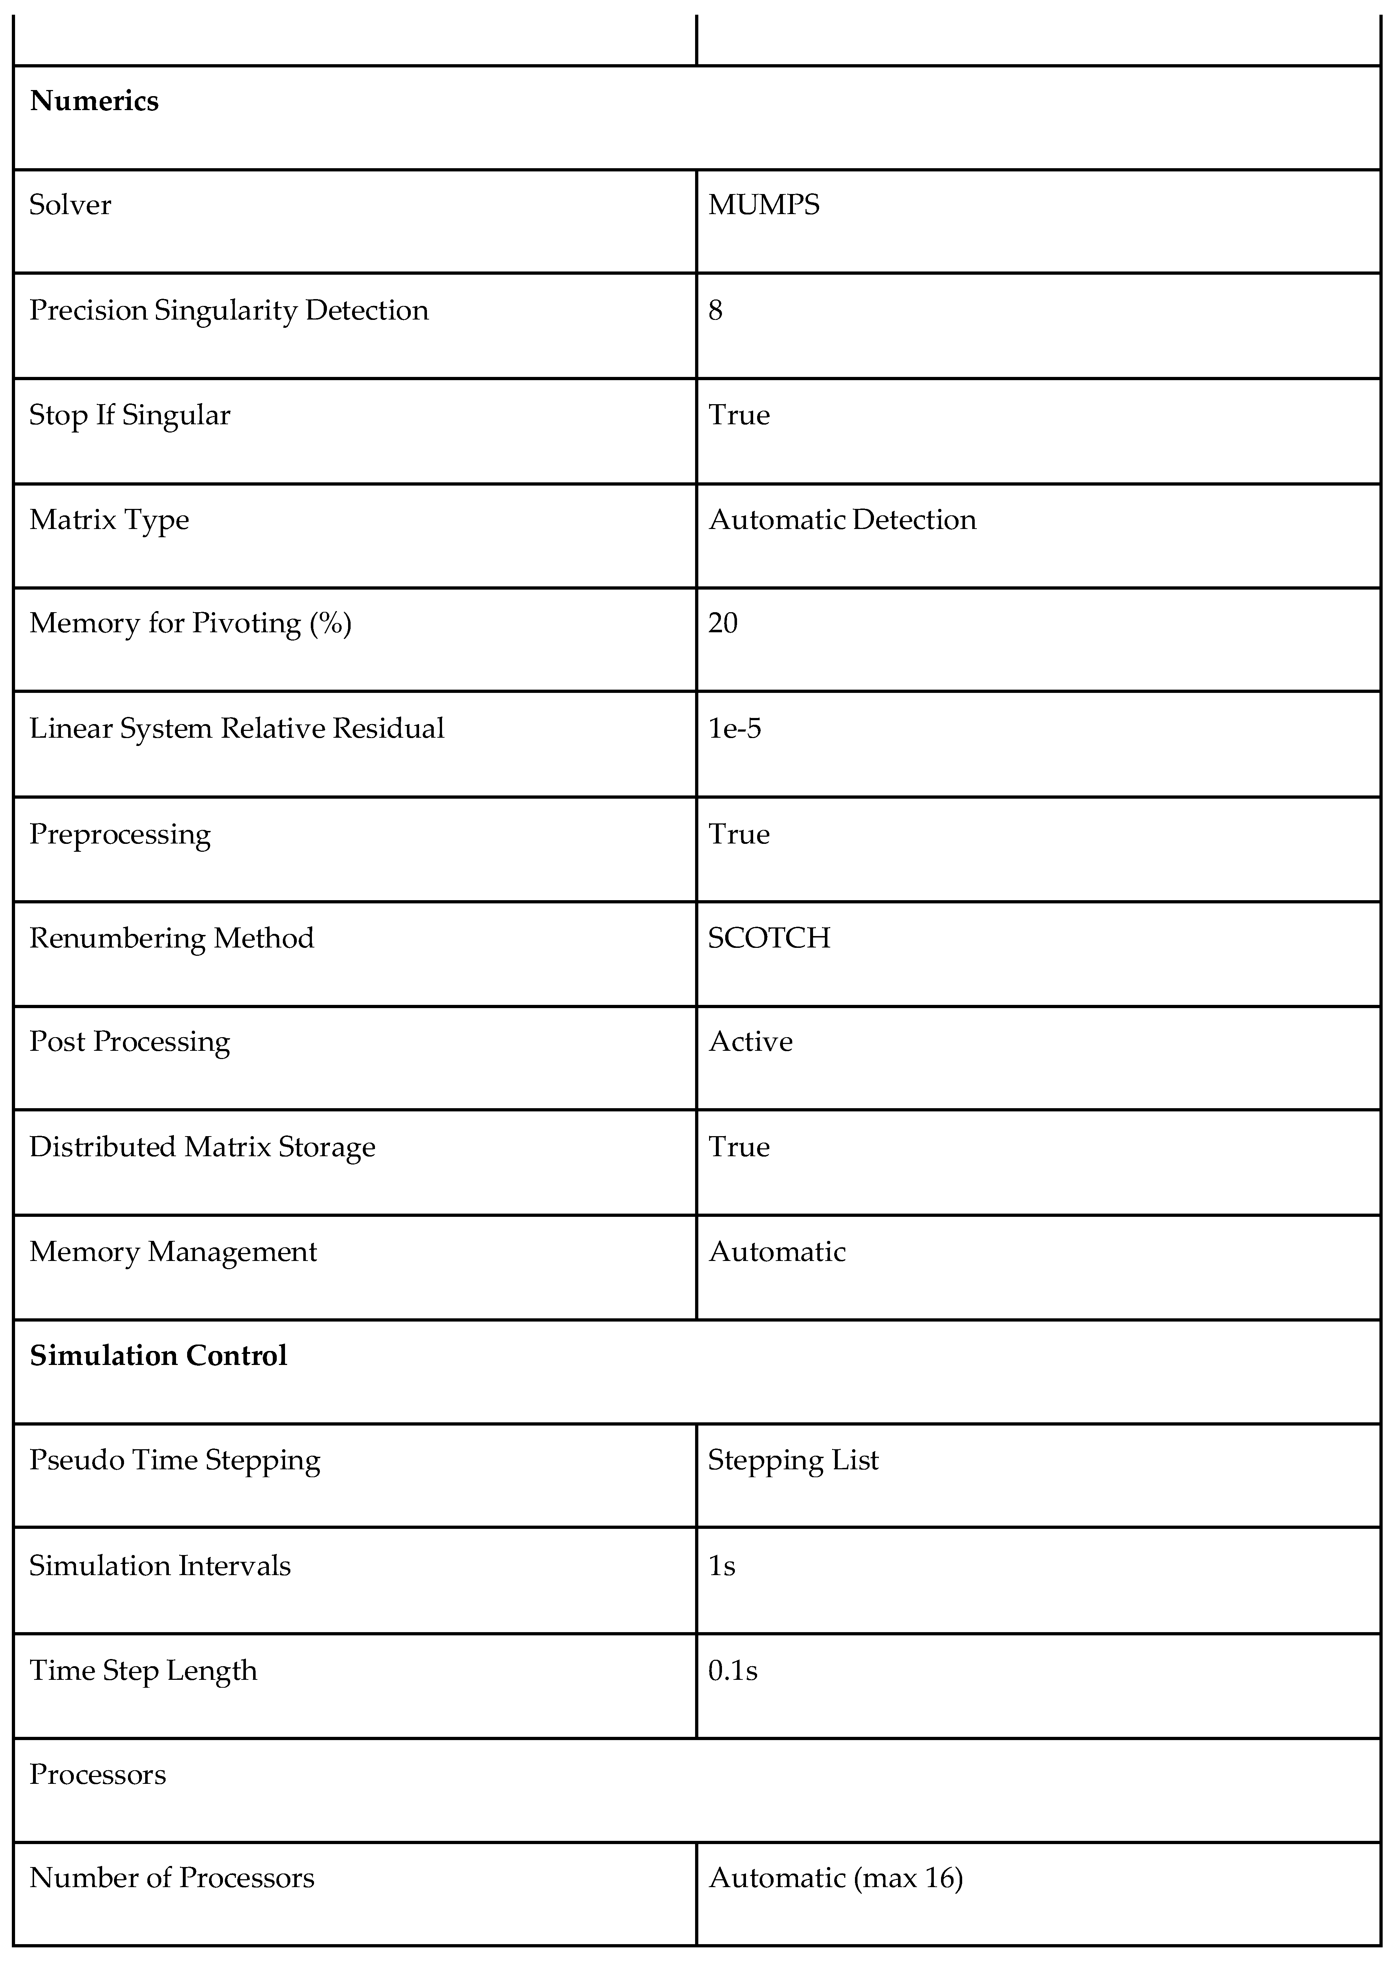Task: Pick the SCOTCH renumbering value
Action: [x=769, y=938]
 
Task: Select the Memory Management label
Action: [x=173, y=1252]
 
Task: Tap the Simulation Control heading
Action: [x=158, y=1356]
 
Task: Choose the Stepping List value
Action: [x=793, y=1460]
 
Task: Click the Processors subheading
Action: [x=97, y=1774]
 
